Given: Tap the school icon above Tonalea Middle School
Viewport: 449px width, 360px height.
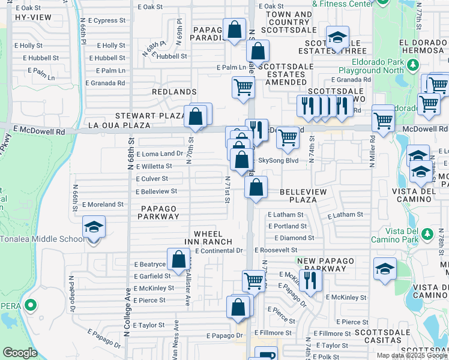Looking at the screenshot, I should pyautogui.click(x=93, y=227).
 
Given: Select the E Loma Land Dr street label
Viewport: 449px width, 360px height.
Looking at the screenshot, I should pyautogui.click(x=159, y=154).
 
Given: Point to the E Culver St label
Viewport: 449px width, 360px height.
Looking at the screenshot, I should pyautogui.click(x=152, y=179).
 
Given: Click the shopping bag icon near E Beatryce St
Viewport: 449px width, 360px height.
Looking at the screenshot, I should pyautogui.click(x=179, y=259).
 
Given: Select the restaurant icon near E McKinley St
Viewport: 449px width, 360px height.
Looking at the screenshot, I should pyautogui.click(x=310, y=280).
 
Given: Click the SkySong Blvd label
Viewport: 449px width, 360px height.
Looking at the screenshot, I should pyautogui.click(x=278, y=161).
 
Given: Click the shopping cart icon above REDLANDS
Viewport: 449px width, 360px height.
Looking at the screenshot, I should pyautogui.click(x=244, y=87).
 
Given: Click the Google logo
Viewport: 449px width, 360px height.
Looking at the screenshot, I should pyautogui.click(x=20, y=353).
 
